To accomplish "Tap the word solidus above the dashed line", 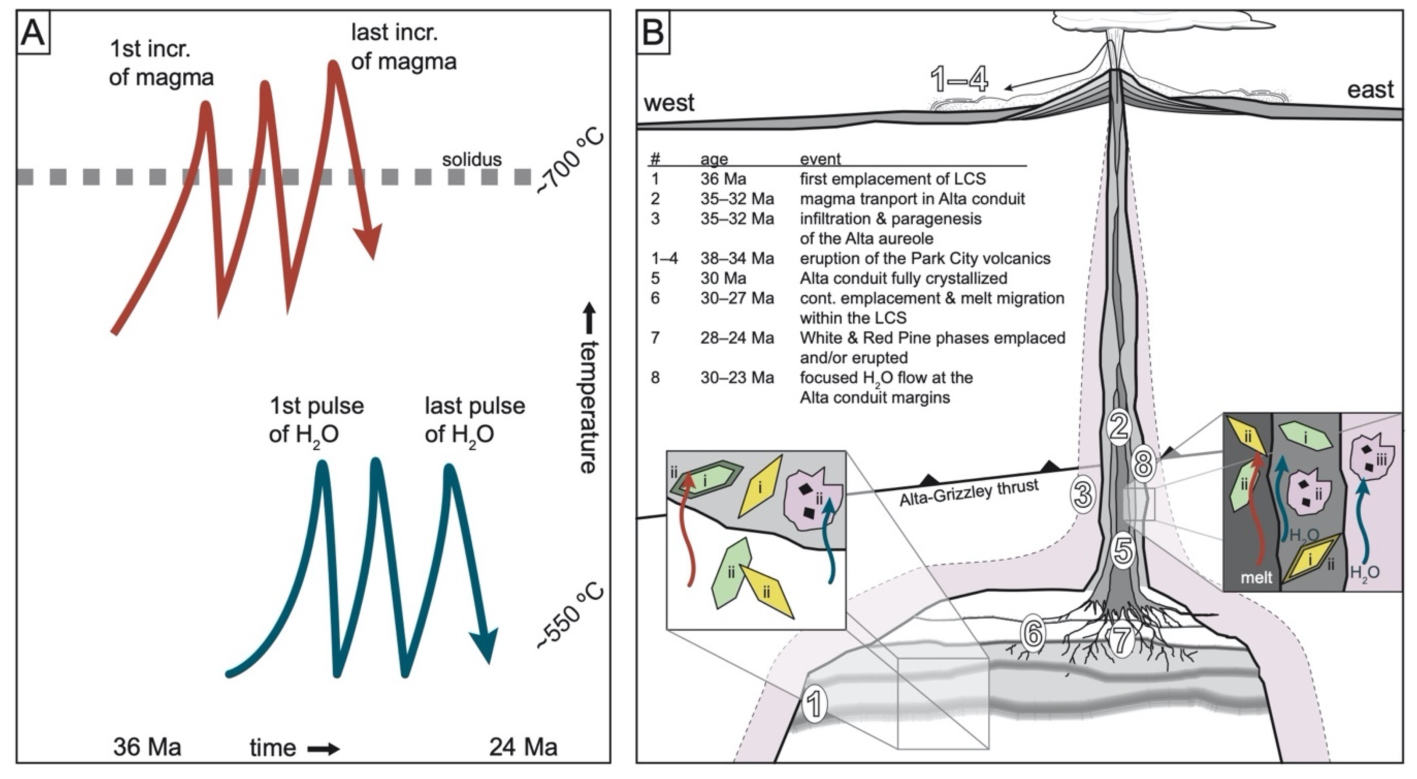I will (x=472, y=160).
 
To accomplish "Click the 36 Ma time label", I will (x=147, y=747).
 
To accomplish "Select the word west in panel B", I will (x=669, y=103).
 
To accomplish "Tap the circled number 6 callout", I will (x=1032, y=634).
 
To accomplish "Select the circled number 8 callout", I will (x=1143, y=464).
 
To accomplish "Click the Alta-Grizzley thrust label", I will (x=969, y=493).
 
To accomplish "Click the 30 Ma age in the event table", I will (x=723, y=278).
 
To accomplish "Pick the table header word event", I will (x=820, y=159).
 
